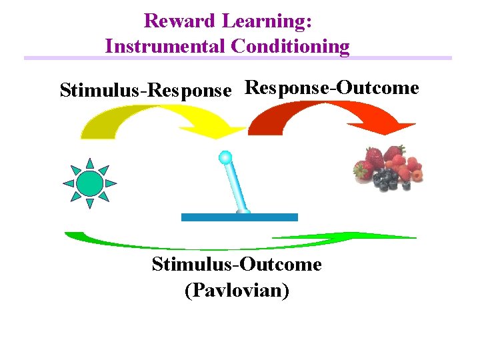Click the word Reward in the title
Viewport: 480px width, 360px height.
point(179,21)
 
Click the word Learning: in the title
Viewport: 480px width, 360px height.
point(267,21)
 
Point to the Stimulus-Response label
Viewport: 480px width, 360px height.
point(146,89)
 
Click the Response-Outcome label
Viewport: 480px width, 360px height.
point(332,87)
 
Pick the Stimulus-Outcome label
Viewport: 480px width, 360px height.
point(237,265)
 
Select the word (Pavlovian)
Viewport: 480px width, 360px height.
point(237,291)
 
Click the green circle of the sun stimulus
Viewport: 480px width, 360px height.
point(89,183)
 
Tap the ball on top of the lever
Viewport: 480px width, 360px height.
point(225,158)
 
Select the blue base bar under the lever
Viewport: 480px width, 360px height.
point(239,217)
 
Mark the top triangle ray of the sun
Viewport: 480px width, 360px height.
point(89,163)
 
